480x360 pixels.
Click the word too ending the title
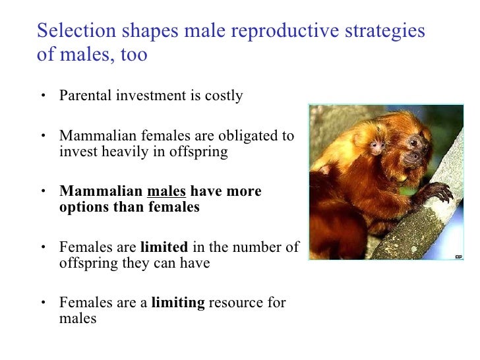[x=134, y=54]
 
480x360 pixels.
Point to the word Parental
[x=84, y=96]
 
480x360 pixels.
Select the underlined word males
[x=167, y=191]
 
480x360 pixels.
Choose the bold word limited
[x=164, y=247]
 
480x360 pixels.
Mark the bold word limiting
[x=178, y=303]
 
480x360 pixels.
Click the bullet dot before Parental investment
[x=42, y=96]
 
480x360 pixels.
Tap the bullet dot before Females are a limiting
[x=42, y=304]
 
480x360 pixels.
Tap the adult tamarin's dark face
[x=414, y=149]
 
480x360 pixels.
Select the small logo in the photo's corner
[x=457, y=255]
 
